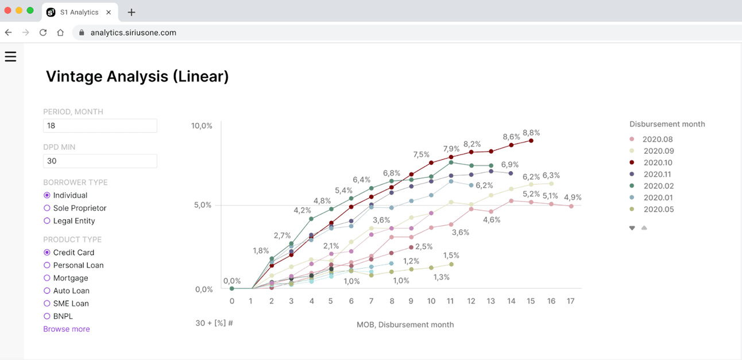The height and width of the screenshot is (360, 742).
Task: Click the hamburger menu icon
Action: (10, 56)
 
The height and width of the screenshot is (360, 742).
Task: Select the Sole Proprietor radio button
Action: (47, 208)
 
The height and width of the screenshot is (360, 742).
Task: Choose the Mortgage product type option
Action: (47, 278)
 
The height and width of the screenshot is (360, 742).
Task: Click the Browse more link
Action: (67, 329)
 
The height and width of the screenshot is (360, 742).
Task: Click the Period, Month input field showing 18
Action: (100, 126)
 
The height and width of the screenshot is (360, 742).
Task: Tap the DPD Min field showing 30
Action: (100, 161)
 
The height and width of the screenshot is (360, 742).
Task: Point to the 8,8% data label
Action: (531, 133)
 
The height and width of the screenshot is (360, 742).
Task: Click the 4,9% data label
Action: (573, 198)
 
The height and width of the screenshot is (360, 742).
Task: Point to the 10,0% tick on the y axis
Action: (202, 126)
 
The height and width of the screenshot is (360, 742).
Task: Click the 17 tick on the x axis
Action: (570, 301)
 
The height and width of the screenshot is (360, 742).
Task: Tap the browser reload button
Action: (43, 33)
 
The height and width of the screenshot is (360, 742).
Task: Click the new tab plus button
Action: (132, 12)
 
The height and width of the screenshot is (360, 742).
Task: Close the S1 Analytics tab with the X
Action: (109, 12)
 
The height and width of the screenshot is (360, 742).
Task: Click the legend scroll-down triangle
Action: (632, 228)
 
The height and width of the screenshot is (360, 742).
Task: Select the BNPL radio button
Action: (47, 316)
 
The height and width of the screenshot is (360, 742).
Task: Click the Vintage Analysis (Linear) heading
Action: (137, 76)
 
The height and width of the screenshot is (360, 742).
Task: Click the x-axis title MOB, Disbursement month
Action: (405, 324)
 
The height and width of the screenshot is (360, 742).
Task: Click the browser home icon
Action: (60, 33)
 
